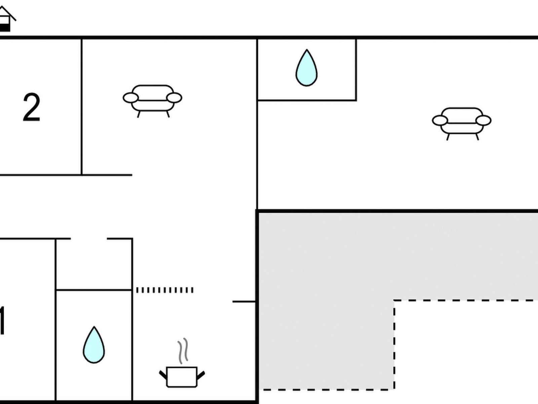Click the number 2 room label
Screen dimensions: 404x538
[32, 108]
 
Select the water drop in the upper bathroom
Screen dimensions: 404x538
[306, 69]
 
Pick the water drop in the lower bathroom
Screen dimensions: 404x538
[94, 345]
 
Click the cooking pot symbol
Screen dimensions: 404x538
[182, 377]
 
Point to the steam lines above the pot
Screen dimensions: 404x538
[183, 351]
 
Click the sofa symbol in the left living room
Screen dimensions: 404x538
[152, 98]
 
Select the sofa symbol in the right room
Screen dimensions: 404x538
[462, 121]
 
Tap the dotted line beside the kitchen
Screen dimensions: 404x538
[165, 290]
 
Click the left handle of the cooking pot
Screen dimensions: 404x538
[163, 374]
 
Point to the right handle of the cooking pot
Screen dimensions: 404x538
[201, 374]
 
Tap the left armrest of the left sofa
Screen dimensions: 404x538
[130, 98]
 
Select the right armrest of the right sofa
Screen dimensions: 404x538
[484, 121]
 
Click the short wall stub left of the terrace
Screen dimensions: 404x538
[244, 302]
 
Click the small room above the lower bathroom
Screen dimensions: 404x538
[94, 264]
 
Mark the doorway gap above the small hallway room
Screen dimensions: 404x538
[89, 239]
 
